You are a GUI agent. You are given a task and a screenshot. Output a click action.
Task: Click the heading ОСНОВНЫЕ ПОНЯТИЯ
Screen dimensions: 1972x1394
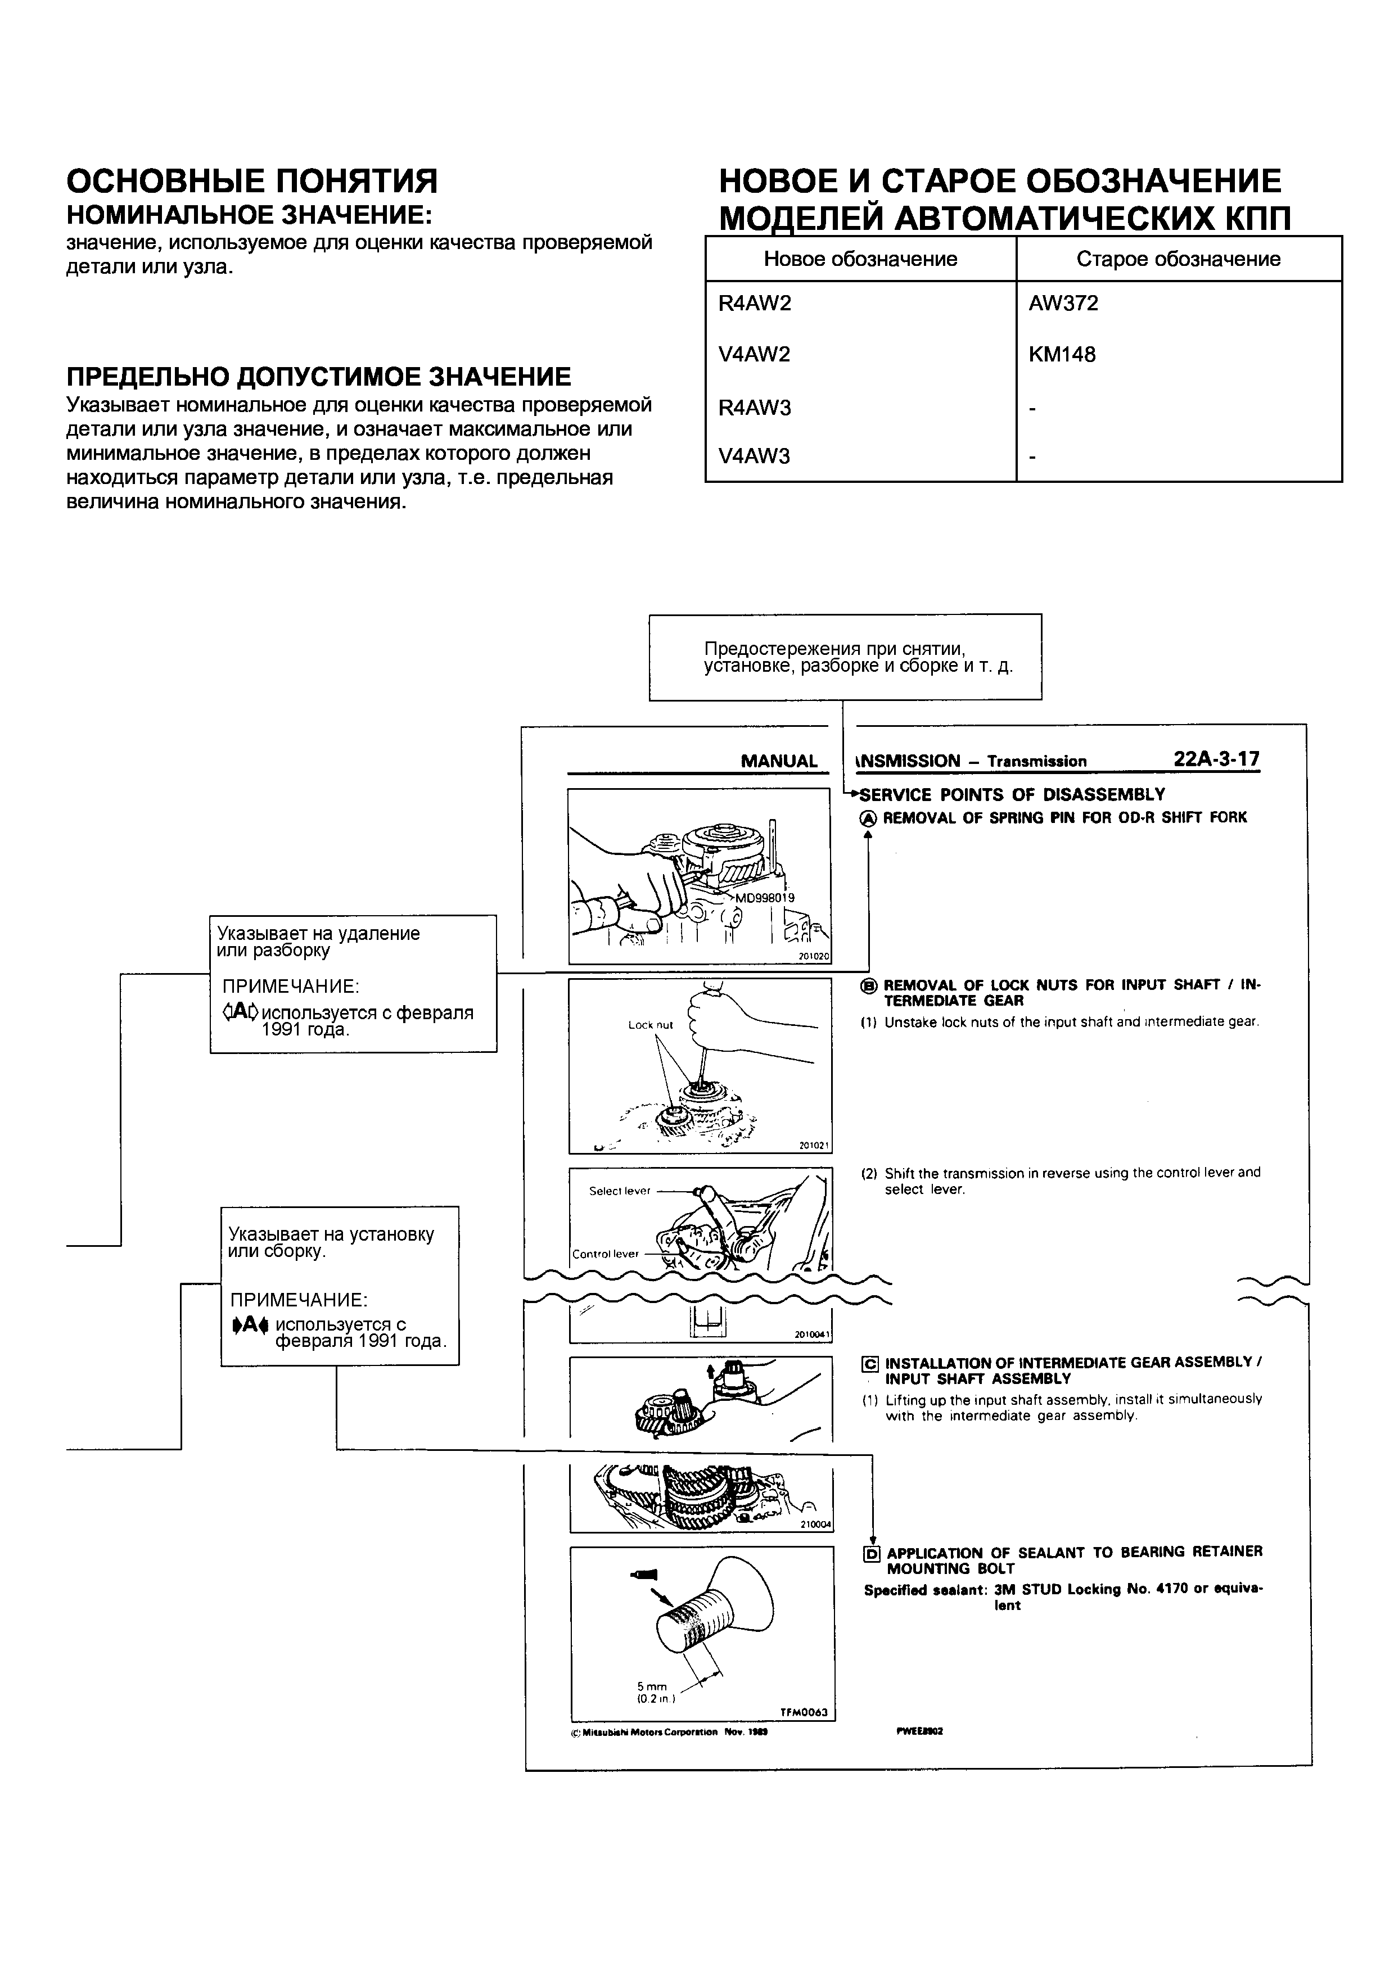tap(252, 181)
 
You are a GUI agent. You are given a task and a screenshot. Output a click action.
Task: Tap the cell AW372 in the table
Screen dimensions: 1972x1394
tap(1063, 303)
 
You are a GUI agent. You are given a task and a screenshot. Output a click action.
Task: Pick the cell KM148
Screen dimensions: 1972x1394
tap(1062, 355)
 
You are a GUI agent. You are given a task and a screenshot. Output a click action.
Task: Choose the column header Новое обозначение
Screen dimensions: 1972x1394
tap(860, 259)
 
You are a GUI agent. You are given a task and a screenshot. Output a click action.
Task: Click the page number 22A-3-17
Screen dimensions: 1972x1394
tap(1216, 759)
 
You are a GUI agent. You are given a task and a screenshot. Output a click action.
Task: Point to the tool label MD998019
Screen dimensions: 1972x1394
tap(764, 898)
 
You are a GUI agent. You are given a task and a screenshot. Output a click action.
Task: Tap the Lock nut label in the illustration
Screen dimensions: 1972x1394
tap(650, 1025)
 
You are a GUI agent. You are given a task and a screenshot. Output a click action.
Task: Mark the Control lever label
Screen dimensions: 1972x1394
tap(606, 1254)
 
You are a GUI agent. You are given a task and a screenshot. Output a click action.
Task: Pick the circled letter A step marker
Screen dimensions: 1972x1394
tap(868, 818)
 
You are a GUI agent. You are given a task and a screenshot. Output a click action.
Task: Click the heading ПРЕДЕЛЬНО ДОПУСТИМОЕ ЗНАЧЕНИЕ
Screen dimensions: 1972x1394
tap(319, 377)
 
